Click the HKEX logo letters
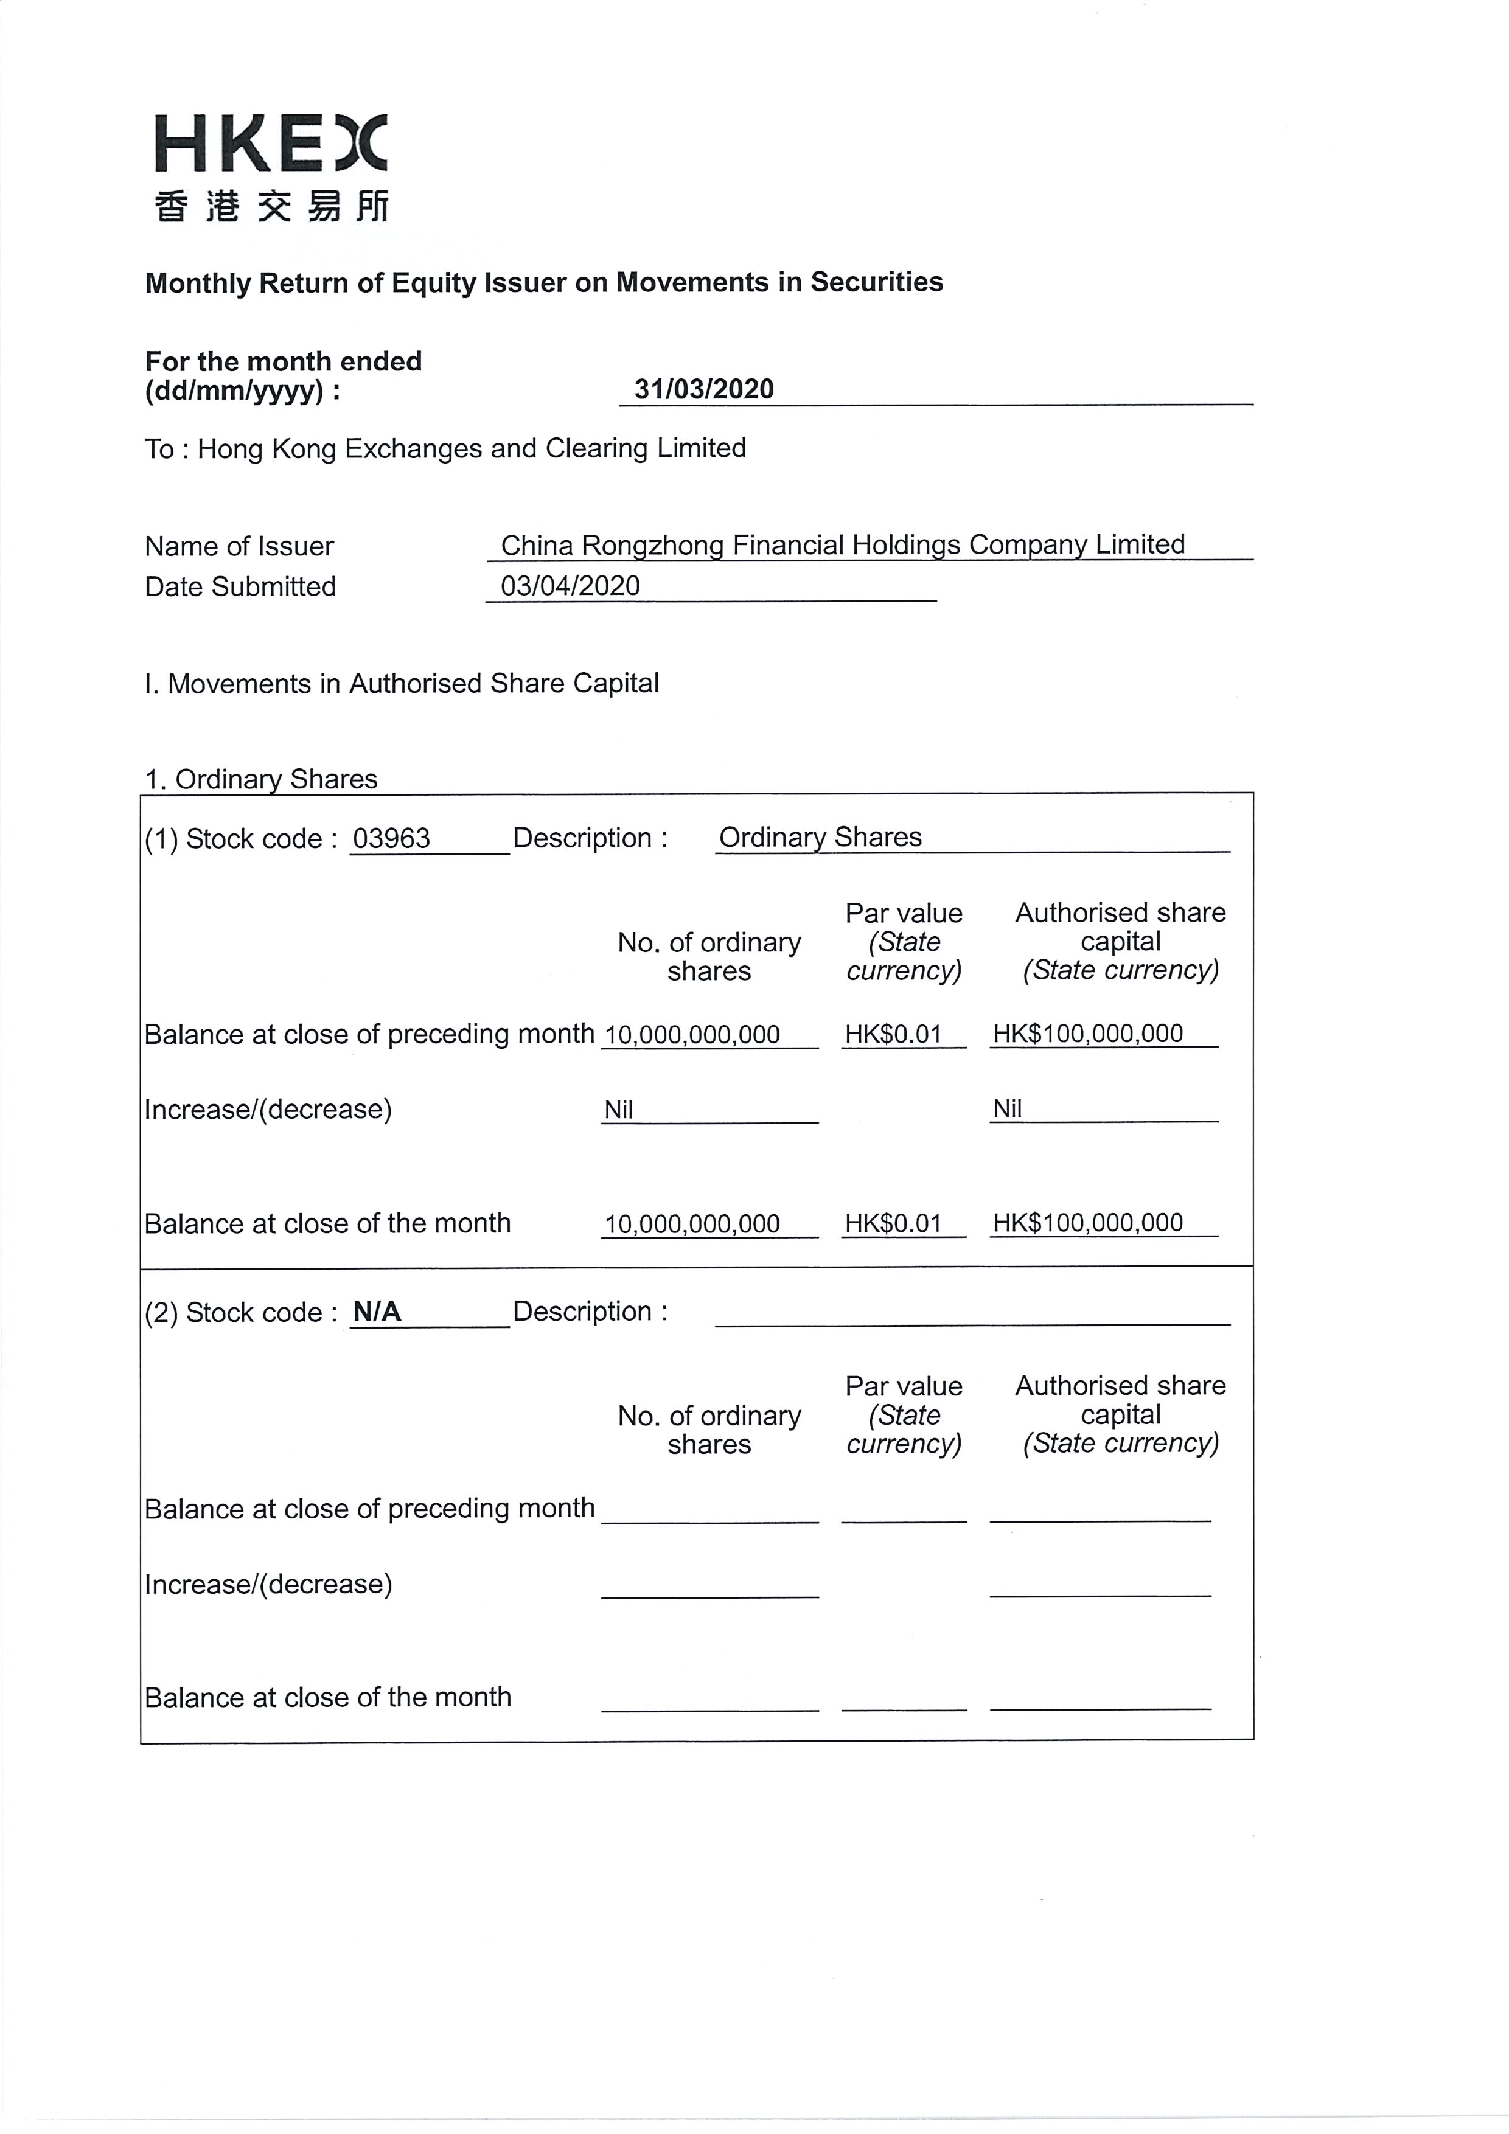pos(270,144)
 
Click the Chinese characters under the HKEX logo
pos(271,206)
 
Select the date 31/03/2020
pos(704,389)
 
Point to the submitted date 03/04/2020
pos(570,586)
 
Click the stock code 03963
pos(391,838)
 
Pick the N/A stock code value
pos(377,1312)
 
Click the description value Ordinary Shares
pos(820,838)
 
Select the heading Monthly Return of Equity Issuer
pos(544,282)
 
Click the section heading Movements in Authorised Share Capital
pos(402,684)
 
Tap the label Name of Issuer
pos(239,546)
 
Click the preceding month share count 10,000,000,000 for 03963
pos(692,1035)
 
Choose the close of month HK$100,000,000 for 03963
pos(1088,1223)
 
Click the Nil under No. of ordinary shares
pos(618,1110)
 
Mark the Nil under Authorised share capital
pos(1007,1109)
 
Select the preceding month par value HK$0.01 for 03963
pos(893,1035)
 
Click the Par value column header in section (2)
pos(903,1414)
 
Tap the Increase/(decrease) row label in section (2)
pos(268,1583)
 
